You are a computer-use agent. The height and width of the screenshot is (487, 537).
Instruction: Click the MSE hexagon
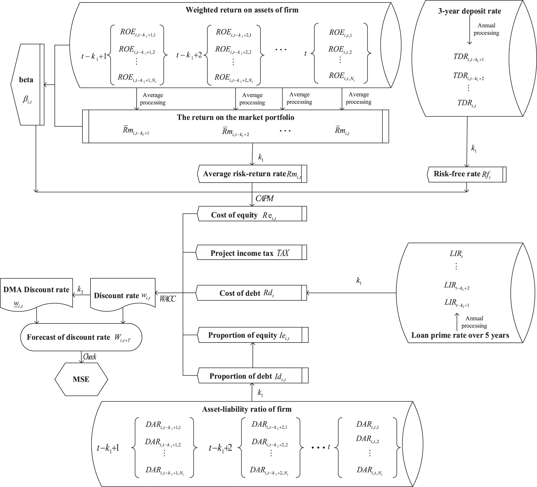(81, 379)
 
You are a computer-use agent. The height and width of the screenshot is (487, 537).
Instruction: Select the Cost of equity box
(252, 214)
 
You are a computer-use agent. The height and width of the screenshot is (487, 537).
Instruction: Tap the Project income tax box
(251, 252)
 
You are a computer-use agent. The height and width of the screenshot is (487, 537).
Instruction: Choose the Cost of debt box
(251, 293)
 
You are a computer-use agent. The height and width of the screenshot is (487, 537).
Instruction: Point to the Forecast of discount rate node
(81, 337)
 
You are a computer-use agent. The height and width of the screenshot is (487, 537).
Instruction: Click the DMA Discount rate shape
(36, 293)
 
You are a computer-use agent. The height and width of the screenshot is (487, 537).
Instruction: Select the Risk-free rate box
(467, 174)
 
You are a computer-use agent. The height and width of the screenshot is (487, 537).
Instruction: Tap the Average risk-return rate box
(252, 174)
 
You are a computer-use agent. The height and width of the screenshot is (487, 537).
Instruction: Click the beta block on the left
(27, 85)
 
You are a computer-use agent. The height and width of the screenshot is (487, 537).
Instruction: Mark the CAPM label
(264, 198)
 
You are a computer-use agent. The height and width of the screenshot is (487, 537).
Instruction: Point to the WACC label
(168, 299)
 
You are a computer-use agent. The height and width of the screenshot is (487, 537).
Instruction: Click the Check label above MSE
(90, 357)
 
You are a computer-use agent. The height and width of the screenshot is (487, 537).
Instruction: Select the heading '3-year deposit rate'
(469, 11)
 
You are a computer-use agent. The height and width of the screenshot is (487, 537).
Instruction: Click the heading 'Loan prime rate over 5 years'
(460, 335)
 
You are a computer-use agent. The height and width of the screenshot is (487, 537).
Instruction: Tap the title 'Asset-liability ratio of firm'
(247, 409)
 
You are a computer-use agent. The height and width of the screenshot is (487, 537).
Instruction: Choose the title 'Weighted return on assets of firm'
(242, 10)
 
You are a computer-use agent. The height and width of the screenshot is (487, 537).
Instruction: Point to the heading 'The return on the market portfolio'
(235, 117)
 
